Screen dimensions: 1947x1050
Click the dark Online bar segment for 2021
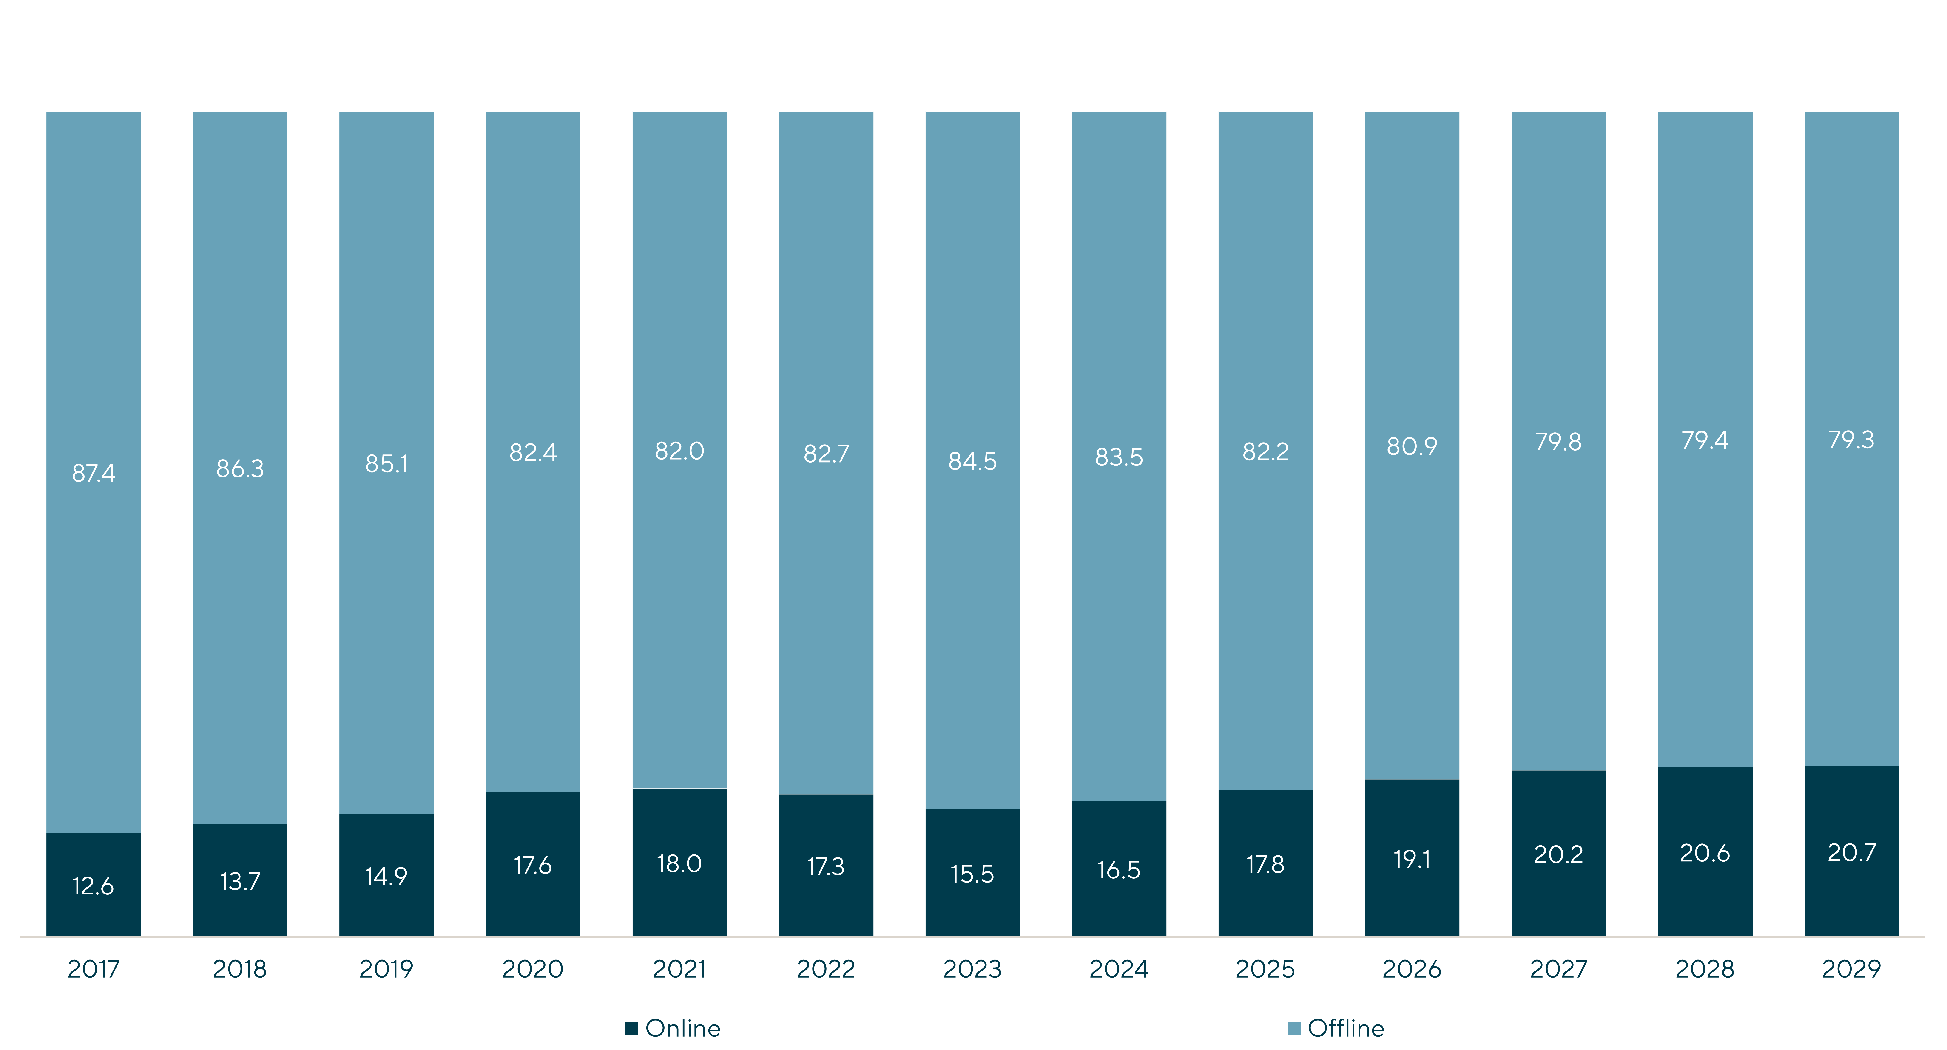pos(679,863)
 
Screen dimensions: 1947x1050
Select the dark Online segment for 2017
pos(94,884)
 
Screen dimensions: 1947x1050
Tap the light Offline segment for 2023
pos(973,460)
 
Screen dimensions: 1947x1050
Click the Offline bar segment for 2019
pos(386,463)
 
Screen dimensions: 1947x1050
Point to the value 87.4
pos(94,473)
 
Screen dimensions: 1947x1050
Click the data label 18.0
pos(679,863)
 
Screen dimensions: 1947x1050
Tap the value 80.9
pos(1412,446)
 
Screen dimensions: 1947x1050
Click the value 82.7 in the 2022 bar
pos(826,454)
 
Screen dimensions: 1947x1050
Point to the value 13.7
pos(240,881)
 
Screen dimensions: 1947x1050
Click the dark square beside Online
pos(632,1028)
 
